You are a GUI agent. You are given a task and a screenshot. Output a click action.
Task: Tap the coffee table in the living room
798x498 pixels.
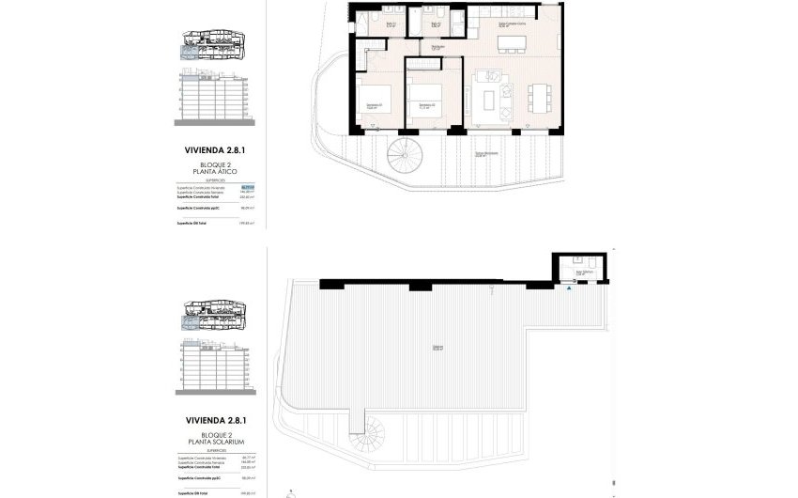pos(488,97)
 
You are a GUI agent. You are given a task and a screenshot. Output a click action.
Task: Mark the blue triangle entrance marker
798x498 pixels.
pos(568,289)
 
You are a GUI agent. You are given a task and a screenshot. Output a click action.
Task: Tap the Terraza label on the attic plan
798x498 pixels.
pos(484,154)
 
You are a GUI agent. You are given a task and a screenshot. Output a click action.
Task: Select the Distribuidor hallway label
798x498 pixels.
pos(437,47)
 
